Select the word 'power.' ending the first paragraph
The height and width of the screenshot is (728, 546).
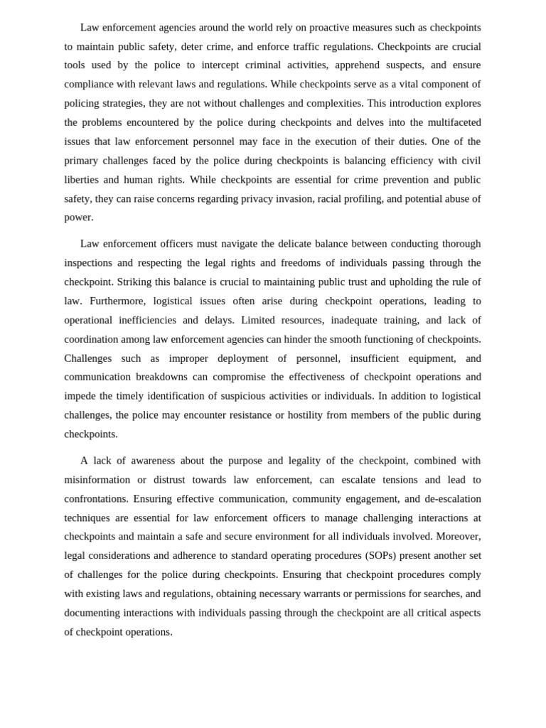(79, 218)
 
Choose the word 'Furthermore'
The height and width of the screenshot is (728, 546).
(99, 301)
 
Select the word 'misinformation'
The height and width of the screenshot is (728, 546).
(97, 480)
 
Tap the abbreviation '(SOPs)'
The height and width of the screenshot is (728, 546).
(380, 556)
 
